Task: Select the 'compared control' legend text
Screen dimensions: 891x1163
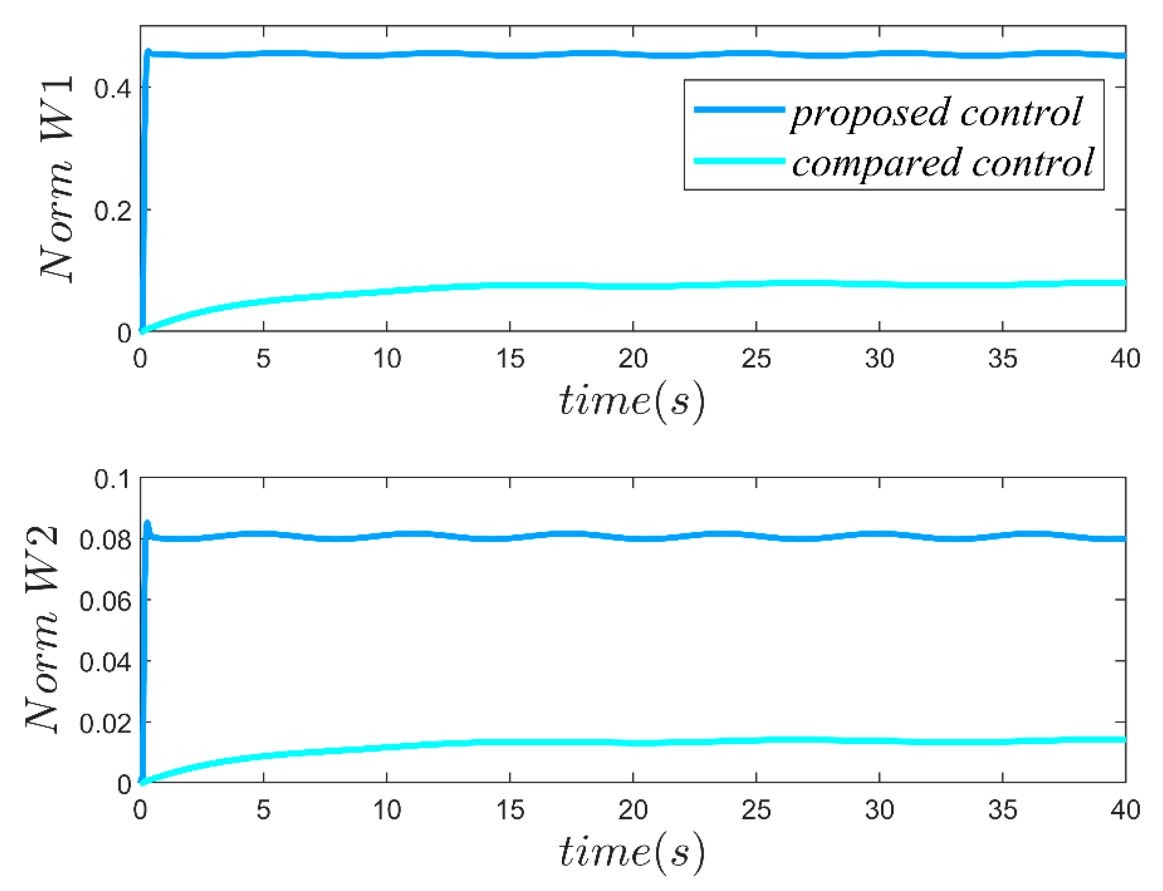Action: pyautogui.click(x=942, y=164)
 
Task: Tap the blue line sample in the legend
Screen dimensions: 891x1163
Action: pyautogui.click(x=739, y=110)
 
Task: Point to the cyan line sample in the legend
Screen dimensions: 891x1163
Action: pyautogui.click(x=739, y=161)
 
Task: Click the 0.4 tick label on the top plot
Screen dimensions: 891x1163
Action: pyautogui.click(x=113, y=88)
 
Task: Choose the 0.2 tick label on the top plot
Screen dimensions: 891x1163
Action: pyautogui.click(x=113, y=211)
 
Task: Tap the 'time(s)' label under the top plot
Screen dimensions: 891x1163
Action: pyautogui.click(x=632, y=401)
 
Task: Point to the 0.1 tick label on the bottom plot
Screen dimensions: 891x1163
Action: pyautogui.click(x=113, y=479)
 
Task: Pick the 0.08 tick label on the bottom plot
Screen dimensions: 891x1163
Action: pyautogui.click(x=105, y=540)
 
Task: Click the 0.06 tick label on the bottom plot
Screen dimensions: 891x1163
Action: pyautogui.click(x=105, y=602)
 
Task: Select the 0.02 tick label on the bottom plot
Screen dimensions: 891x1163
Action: pyautogui.click(x=105, y=723)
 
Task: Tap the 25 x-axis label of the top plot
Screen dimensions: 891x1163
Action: pyautogui.click(x=756, y=359)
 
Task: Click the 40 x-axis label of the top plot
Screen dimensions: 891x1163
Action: pyautogui.click(x=1125, y=359)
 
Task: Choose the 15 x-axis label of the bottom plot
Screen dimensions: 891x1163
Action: pyautogui.click(x=510, y=810)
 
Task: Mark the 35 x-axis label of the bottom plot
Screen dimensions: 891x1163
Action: pyautogui.click(x=1002, y=810)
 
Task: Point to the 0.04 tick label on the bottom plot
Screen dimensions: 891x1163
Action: pyautogui.click(x=105, y=663)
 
